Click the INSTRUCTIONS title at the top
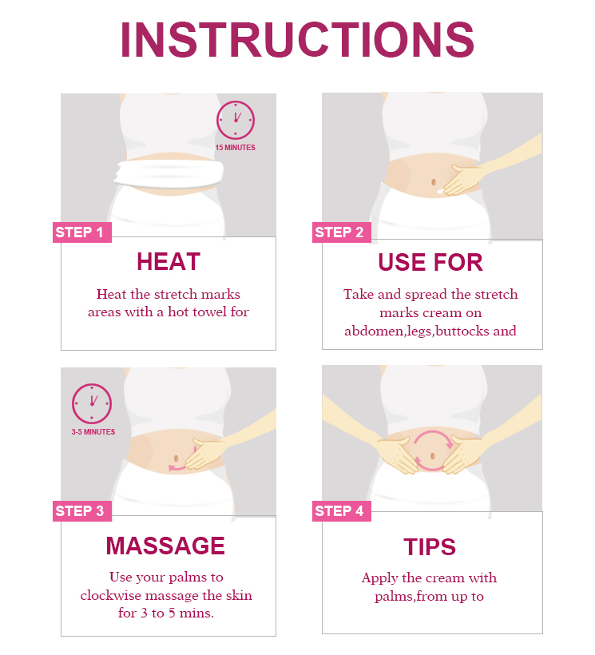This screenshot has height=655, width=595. tap(297, 40)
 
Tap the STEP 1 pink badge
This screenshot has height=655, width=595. tap(81, 232)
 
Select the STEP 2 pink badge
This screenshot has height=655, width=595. tap(342, 232)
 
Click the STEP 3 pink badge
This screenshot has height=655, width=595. tap(81, 511)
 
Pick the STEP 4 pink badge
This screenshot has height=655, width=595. tap(342, 511)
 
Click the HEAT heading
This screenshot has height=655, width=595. tap(169, 262)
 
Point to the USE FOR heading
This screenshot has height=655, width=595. tap(430, 262)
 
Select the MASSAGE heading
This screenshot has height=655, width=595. tap(165, 546)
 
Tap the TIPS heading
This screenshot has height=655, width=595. tap(430, 547)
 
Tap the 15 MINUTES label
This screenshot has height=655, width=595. tap(235, 148)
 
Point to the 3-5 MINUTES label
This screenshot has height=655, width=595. tap(93, 432)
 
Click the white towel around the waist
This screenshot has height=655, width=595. tap(169, 174)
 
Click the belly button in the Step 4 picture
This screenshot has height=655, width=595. tap(433, 456)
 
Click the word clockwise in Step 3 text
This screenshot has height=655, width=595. tap(111, 595)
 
